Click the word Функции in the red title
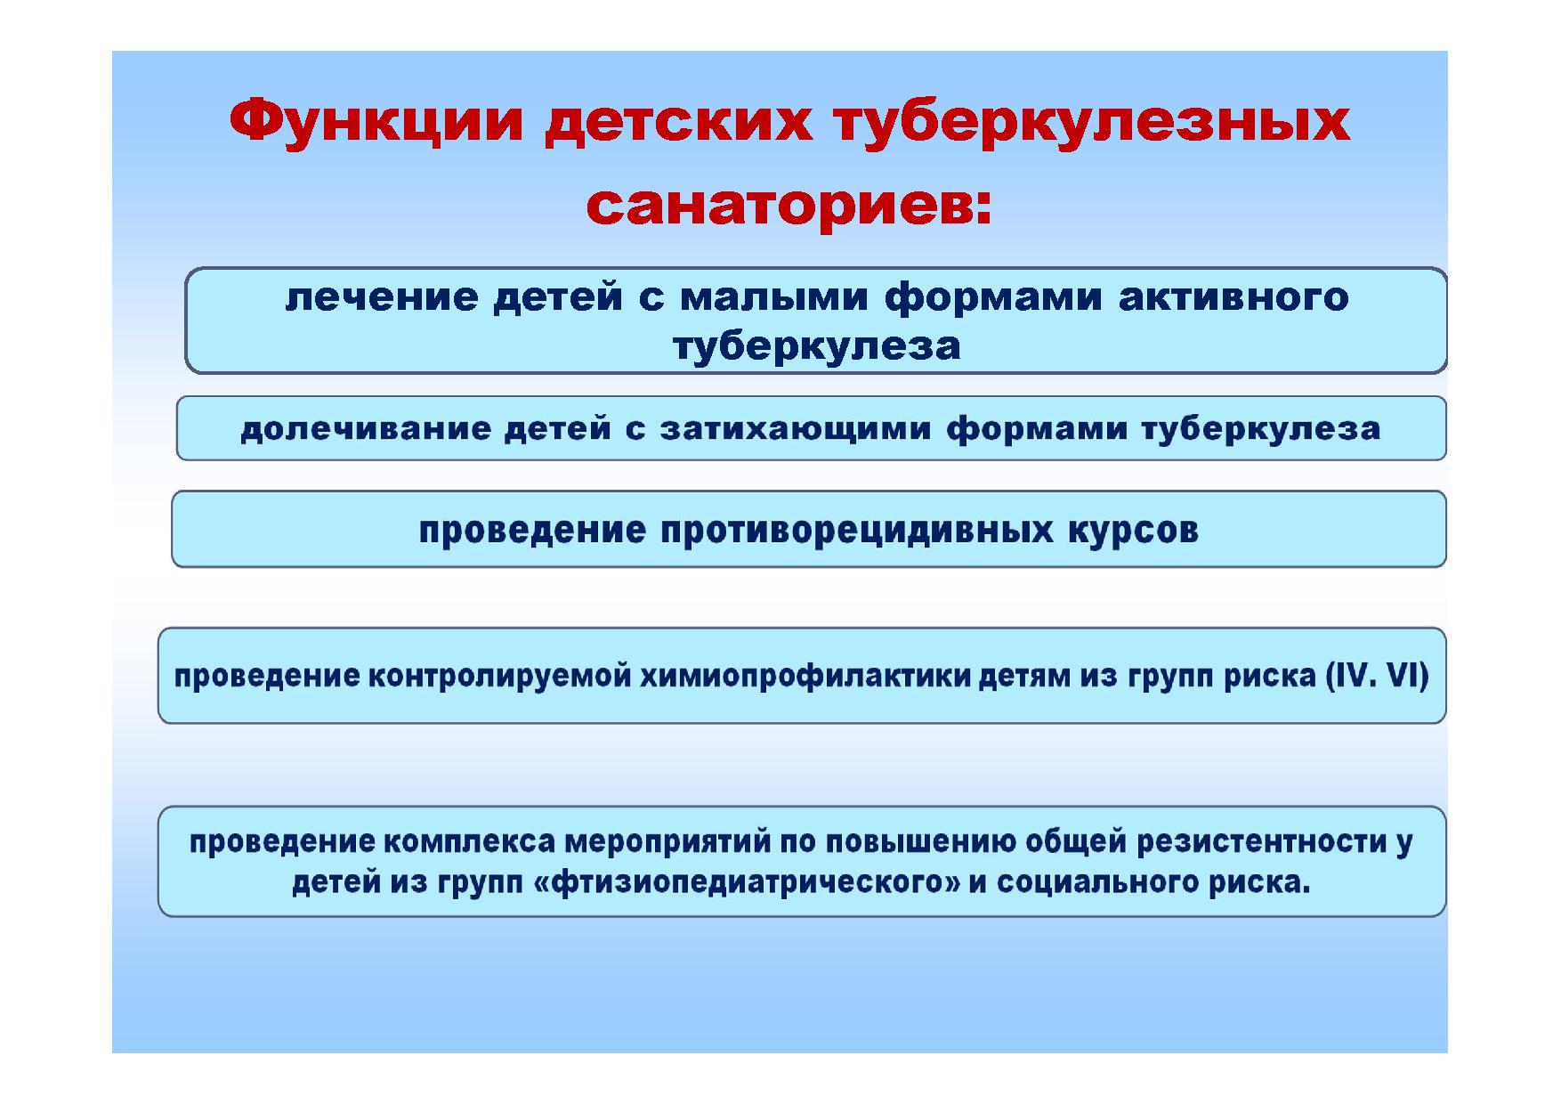pyautogui.click(x=376, y=124)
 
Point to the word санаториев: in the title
pyautogui.click(x=789, y=207)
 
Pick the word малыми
pyautogui.click(x=773, y=297)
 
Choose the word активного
pyautogui.click(x=1233, y=297)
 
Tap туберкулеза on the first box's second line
pyautogui.click(x=817, y=346)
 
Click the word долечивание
pyautogui.click(x=366, y=429)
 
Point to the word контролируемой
pyautogui.click(x=499, y=677)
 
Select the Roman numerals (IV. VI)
pyautogui.click(x=1377, y=676)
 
